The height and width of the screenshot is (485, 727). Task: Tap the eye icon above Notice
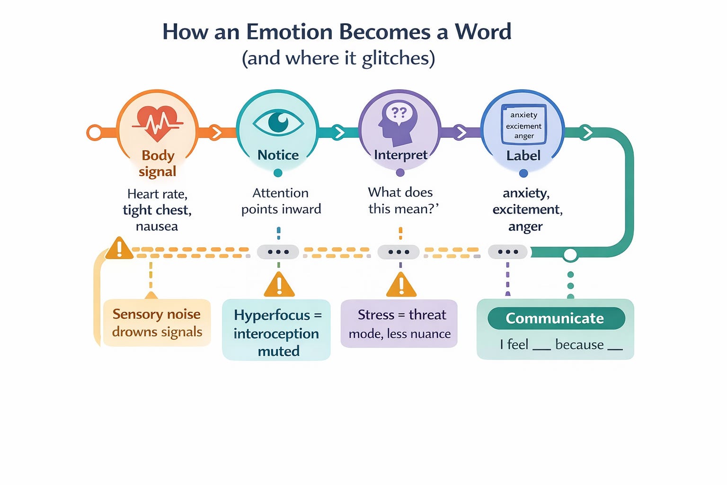pyautogui.click(x=278, y=123)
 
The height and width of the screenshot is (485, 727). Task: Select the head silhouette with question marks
pyautogui.click(x=397, y=123)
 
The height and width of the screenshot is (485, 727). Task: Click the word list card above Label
pyautogui.click(x=524, y=125)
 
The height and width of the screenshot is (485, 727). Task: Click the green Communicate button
pyautogui.click(x=556, y=318)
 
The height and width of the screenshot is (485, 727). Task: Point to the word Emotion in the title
pyautogui.click(x=289, y=32)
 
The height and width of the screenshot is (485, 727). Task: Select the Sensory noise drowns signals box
pyautogui.click(x=157, y=323)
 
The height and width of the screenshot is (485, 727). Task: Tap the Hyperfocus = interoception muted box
pyautogui.click(x=276, y=330)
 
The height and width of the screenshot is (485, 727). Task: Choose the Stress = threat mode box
pyautogui.click(x=399, y=323)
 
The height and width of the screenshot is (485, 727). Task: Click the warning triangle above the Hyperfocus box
pyautogui.click(x=279, y=285)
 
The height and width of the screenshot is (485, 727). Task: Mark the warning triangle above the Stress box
pyautogui.click(x=401, y=285)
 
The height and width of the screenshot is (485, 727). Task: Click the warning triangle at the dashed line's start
pyautogui.click(x=119, y=248)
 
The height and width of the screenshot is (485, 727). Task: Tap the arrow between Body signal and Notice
pyautogui.click(x=216, y=133)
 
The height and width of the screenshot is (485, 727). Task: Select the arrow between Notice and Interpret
pyautogui.click(x=338, y=133)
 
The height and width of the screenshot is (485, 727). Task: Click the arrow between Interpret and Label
pyautogui.click(x=460, y=133)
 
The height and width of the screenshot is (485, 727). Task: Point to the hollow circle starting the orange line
pyautogui.click(x=95, y=133)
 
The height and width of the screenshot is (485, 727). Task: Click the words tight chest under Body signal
pyautogui.click(x=157, y=210)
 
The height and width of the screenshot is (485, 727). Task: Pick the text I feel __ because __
pyautogui.click(x=561, y=344)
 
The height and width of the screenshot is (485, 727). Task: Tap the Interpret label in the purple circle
pyautogui.click(x=400, y=155)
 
